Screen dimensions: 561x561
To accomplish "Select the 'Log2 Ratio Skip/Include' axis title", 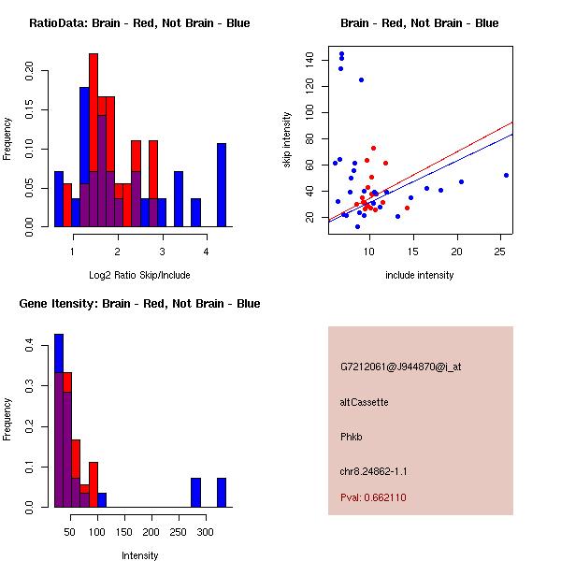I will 139,275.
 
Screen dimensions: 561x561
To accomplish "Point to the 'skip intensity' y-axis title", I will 288,139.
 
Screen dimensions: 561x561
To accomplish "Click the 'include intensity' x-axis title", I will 420,275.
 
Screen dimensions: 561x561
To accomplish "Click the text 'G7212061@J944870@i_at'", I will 400,367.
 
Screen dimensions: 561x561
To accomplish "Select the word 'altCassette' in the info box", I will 364,402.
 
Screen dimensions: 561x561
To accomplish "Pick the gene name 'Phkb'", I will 352,436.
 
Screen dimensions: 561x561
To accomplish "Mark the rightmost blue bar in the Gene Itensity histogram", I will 222,492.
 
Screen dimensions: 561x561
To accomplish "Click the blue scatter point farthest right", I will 506,175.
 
